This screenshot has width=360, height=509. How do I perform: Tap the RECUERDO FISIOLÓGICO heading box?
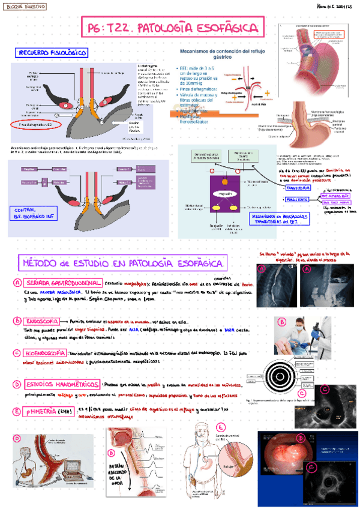52,53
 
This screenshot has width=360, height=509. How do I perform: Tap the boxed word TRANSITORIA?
297,188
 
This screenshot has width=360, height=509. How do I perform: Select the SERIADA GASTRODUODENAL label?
63,282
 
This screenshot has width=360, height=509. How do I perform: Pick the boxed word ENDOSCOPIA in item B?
40,321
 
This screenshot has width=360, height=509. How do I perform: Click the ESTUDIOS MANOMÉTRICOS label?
62,383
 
